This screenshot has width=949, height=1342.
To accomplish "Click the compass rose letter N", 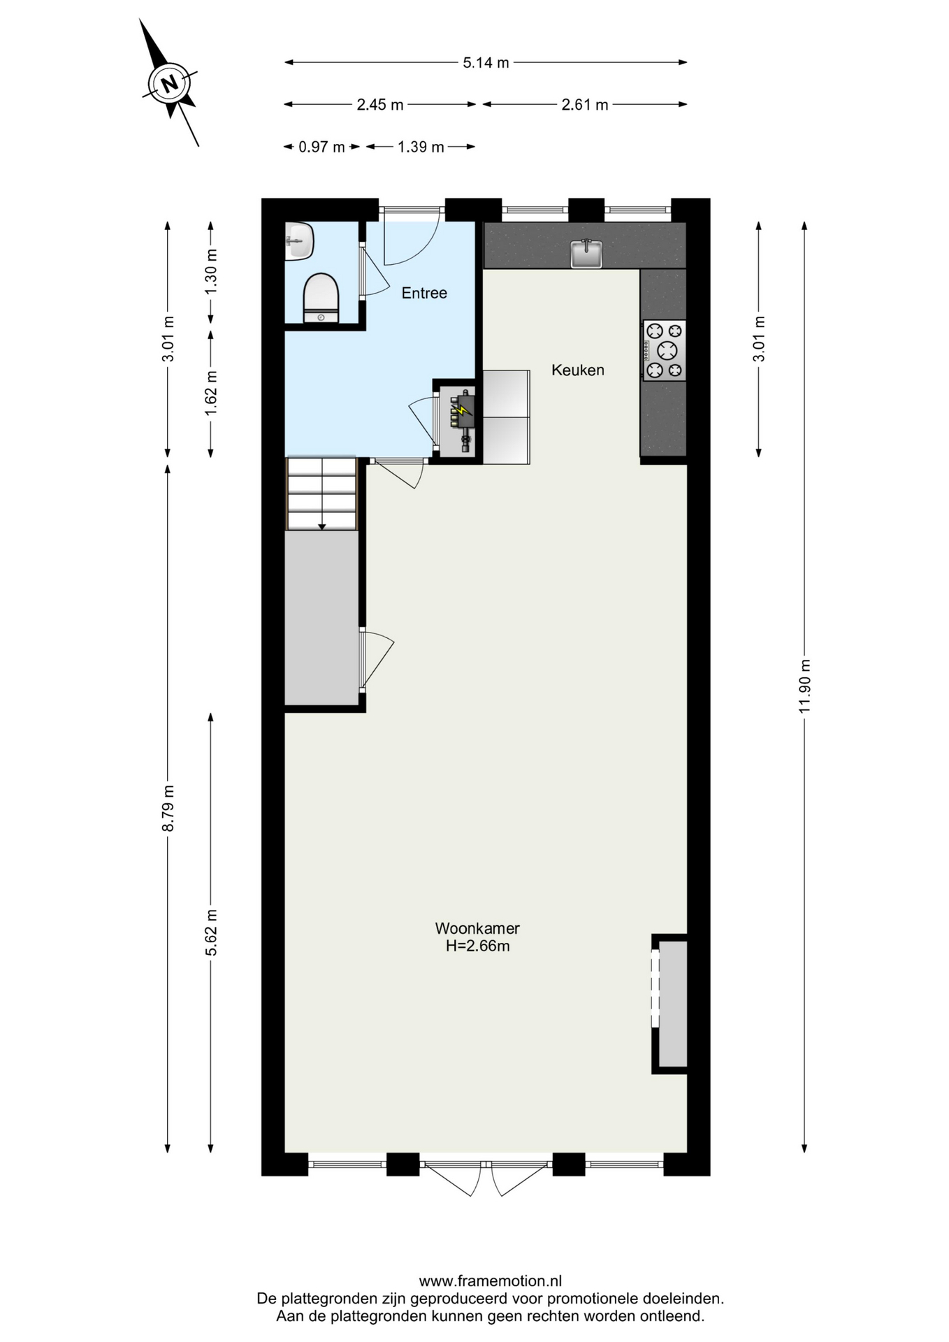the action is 169,84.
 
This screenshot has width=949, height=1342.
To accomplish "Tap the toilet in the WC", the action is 321,298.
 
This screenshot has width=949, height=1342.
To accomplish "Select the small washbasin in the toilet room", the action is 299,241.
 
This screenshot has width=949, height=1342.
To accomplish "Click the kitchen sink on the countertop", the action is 586,253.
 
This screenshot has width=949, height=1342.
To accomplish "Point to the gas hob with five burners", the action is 664,350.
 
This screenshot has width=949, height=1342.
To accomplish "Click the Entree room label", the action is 424,293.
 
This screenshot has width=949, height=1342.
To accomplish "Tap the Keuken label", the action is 578,370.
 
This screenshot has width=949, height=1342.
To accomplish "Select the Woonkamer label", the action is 477,928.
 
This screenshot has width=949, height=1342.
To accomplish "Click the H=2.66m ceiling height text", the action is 478,946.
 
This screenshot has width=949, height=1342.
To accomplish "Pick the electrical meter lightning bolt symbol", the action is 461,410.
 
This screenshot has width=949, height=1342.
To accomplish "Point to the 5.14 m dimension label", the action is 486,63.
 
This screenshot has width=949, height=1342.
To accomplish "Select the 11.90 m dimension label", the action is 804,686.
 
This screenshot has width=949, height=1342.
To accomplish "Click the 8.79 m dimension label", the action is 168,809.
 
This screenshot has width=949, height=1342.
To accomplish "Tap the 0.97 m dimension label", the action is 321,147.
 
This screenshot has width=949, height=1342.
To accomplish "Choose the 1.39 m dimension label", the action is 421,147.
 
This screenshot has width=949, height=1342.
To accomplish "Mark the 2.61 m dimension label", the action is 585,105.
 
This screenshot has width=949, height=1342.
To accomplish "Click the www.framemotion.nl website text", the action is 491,1281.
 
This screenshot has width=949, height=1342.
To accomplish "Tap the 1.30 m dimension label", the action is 211,271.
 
